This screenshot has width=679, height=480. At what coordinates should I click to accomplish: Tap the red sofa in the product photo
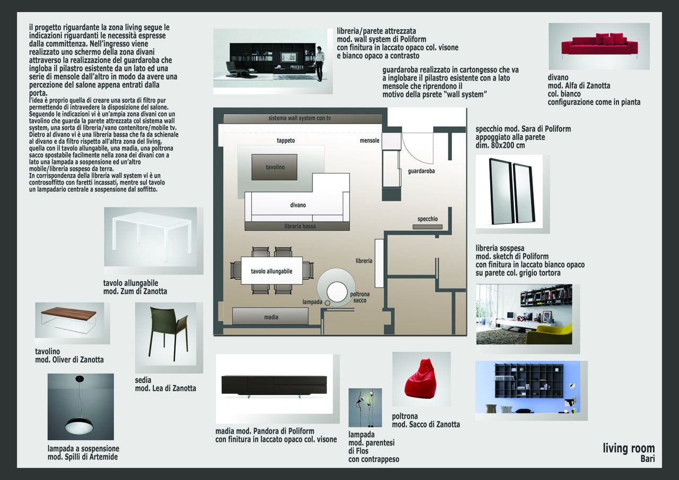tap(599, 46)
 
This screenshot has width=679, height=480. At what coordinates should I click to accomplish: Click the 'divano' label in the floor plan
tap(298, 205)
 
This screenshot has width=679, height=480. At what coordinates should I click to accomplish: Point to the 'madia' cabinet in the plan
tap(271, 317)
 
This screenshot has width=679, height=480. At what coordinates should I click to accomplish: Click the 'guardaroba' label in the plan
tap(422, 171)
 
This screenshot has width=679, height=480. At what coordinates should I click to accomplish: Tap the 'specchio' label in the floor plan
tap(428, 219)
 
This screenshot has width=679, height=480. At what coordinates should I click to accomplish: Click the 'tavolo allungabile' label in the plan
tap(272, 272)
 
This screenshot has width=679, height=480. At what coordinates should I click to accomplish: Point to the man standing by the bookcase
tap(320, 63)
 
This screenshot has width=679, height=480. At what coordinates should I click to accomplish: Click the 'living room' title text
tap(629, 449)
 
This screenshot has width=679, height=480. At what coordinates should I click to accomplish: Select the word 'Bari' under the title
tap(647, 459)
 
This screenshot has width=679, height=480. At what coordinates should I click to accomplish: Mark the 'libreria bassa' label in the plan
tap(301, 226)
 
